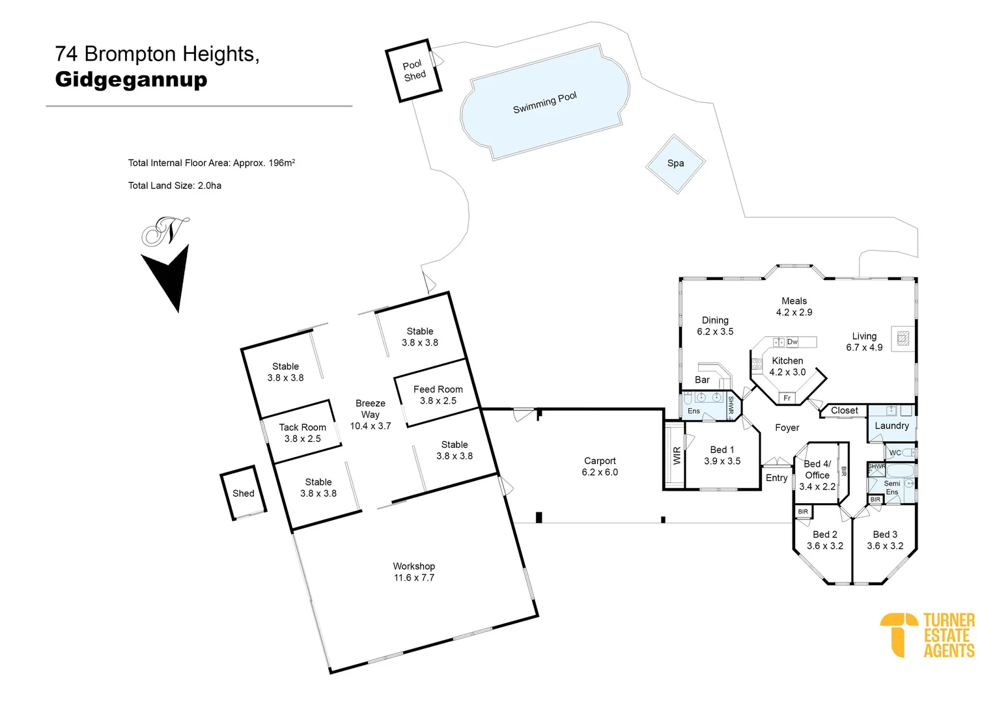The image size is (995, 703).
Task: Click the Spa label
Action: click(675, 163)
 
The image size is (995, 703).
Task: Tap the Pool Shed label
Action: click(413, 70)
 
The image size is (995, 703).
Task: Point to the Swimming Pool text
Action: click(544, 103)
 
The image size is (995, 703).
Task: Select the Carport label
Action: click(600, 461)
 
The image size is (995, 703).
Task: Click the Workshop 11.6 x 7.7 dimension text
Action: click(413, 577)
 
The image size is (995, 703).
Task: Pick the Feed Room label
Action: click(438, 389)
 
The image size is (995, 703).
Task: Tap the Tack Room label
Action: click(302, 428)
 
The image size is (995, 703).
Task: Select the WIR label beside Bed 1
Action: click(677, 456)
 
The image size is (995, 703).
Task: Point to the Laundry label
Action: click(891, 426)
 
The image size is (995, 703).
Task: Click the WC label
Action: click(895, 453)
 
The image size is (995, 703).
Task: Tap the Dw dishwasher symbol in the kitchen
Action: click(792, 342)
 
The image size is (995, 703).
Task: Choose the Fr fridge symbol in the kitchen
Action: click(787, 398)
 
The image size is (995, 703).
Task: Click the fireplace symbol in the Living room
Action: click(903, 338)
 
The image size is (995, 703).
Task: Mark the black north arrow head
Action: click(169, 277)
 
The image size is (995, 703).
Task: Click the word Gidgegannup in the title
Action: click(131, 79)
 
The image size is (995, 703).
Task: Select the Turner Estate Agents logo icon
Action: click(898, 633)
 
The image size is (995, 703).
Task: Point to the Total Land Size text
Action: click(175, 186)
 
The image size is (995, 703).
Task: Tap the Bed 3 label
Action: click(885, 534)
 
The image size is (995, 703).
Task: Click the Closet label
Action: click(844, 411)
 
